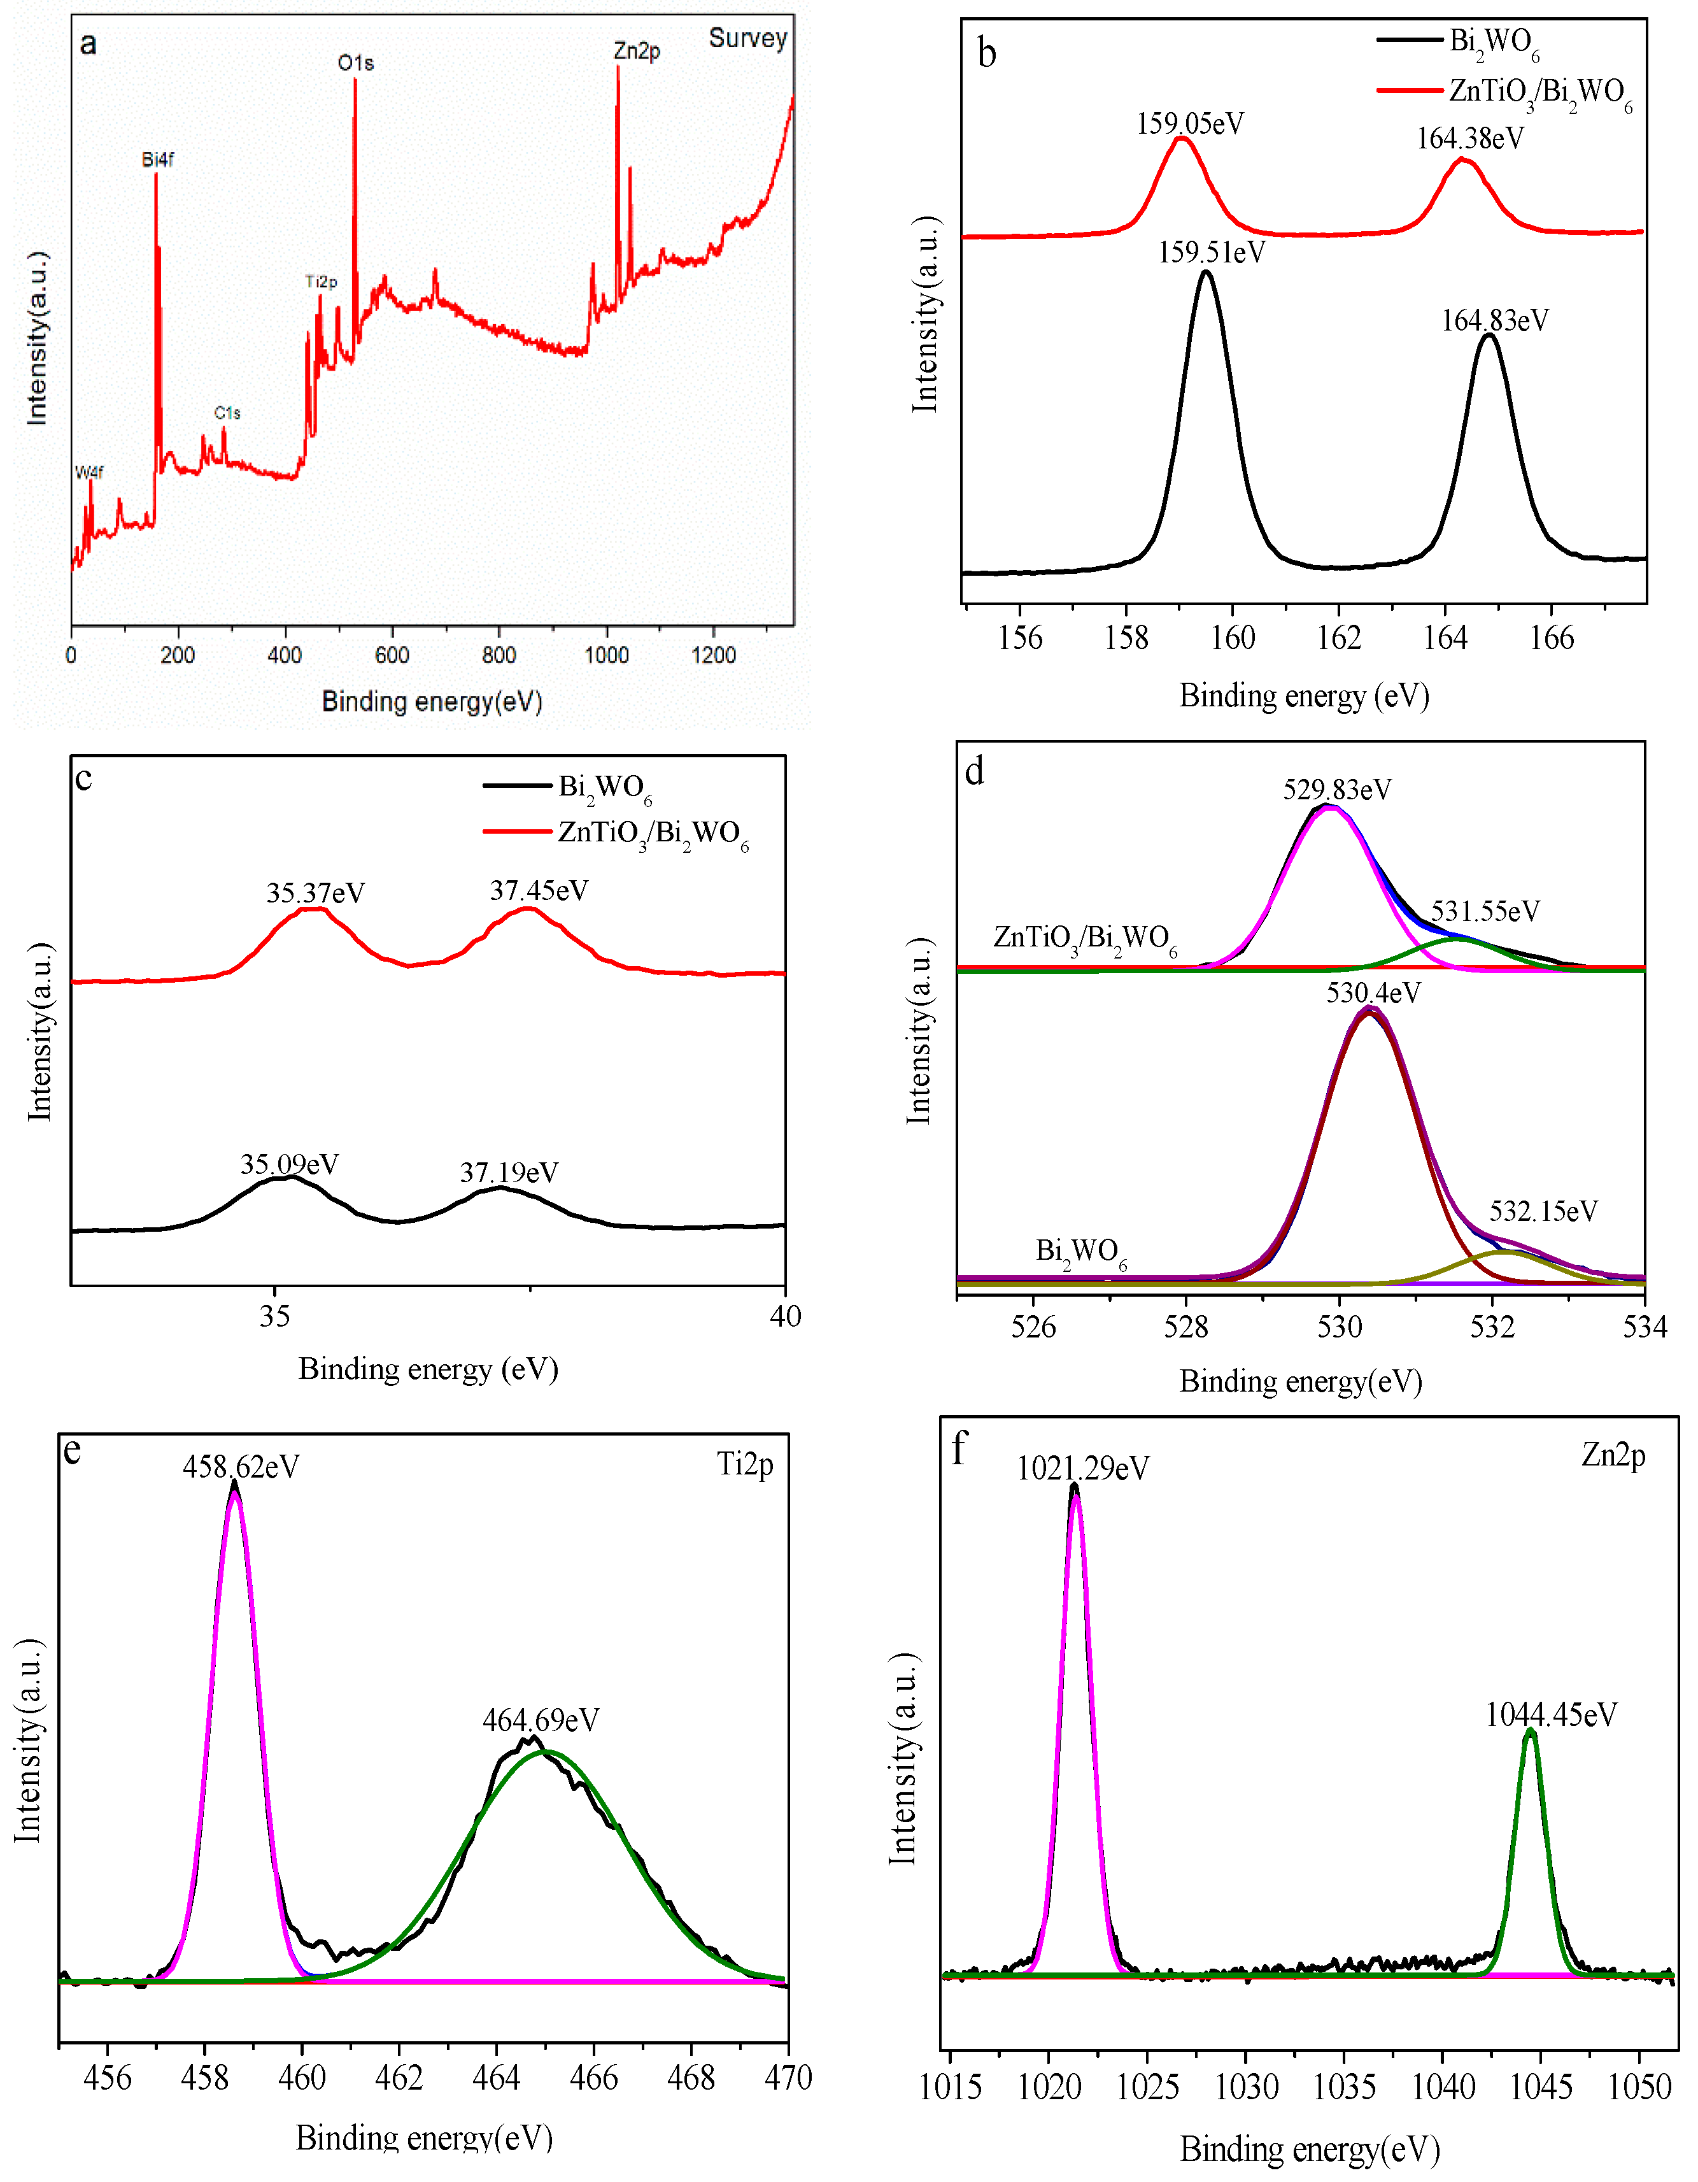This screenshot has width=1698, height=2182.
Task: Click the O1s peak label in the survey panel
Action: click(x=356, y=63)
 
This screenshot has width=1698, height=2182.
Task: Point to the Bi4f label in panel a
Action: click(x=158, y=160)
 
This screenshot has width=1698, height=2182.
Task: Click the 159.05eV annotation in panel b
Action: click(x=1189, y=124)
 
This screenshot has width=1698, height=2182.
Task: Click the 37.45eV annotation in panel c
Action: click(x=539, y=890)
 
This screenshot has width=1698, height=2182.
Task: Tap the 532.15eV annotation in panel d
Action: click(x=1543, y=1211)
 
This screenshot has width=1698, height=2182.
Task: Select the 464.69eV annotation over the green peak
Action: click(x=541, y=1720)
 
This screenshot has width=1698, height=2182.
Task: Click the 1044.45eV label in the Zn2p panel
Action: click(x=1550, y=1715)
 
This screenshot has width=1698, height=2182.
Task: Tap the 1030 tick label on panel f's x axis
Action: click(x=1247, y=2087)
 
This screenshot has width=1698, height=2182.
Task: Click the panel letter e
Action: click(x=72, y=1450)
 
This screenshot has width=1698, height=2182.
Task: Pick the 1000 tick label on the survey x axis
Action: click(x=606, y=655)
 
